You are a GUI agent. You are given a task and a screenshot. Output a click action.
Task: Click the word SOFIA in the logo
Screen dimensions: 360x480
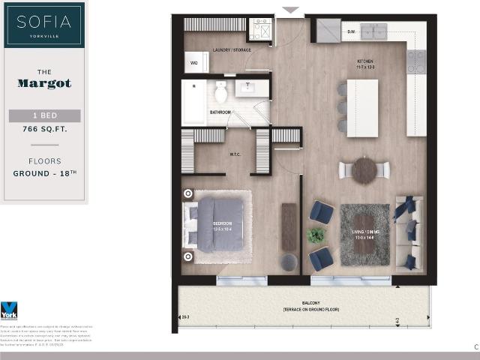pos(43,20)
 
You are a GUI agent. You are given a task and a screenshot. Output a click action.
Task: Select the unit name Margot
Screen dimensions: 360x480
pos(44,83)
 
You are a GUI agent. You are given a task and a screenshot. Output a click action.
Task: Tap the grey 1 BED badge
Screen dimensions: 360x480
pos(44,115)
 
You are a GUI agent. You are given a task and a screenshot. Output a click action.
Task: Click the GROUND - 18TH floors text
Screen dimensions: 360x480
pos(44,173)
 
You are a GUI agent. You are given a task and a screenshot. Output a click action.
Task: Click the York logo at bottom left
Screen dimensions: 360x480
pos(9,310)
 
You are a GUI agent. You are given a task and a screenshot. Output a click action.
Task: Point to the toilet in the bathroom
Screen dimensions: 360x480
pos(220,92)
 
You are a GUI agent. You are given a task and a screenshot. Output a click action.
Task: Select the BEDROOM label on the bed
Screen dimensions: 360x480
pos(222,223)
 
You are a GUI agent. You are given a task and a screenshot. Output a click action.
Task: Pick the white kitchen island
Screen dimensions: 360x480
pos(362,107)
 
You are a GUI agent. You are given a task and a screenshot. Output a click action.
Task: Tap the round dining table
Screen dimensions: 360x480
pos(364,170)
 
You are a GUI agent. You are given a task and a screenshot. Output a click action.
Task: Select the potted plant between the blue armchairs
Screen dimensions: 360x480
pos(316,235)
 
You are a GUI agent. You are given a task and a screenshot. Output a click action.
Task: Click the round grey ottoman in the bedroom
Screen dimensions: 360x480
pos(289,262)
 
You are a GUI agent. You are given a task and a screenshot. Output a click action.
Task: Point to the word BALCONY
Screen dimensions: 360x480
pos(303,303)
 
